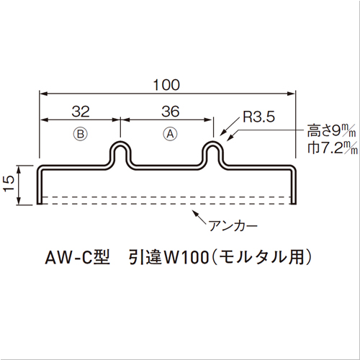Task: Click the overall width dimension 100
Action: (166, 85)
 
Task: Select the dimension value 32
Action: (81, 112)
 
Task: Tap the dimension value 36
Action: (171, 112)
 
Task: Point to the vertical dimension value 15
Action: (9, 184)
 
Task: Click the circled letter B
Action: (81, 134)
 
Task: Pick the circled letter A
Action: (170, 134)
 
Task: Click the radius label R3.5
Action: (258, 117)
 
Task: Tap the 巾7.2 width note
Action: (333, 148)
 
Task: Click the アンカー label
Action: (233, 225)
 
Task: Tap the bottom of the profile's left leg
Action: (40, 203)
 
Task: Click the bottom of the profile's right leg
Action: (293, 203)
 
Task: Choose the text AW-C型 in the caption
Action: (77, 257)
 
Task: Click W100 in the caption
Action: (186, 258)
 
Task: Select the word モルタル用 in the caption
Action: (261, 257)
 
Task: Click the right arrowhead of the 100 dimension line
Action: (292, 94)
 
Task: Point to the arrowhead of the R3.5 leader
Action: (222, 135)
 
